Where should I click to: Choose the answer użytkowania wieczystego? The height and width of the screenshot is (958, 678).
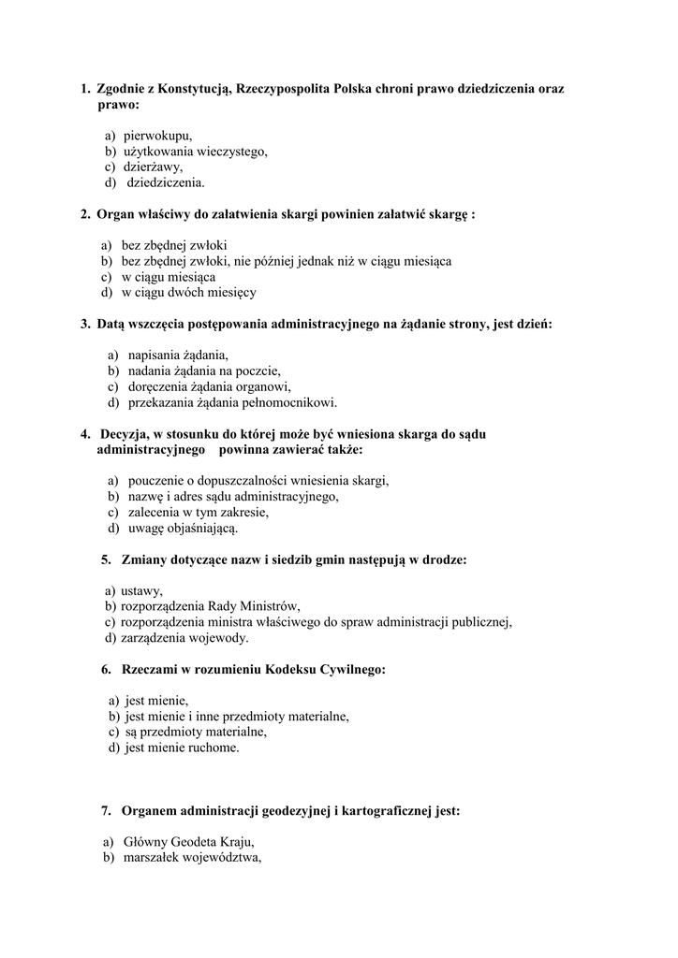click(x=196, y=152)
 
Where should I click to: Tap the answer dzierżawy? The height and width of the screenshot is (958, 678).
click(x=153, y=167)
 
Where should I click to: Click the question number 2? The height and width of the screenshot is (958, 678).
click(x=85, y=214)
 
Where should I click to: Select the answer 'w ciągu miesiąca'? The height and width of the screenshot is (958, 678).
click(x=169, y=277)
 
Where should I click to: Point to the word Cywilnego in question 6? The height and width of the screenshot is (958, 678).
click(x=354, y=669)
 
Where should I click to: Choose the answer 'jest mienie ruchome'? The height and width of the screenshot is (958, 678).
click(x=182, y=748)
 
